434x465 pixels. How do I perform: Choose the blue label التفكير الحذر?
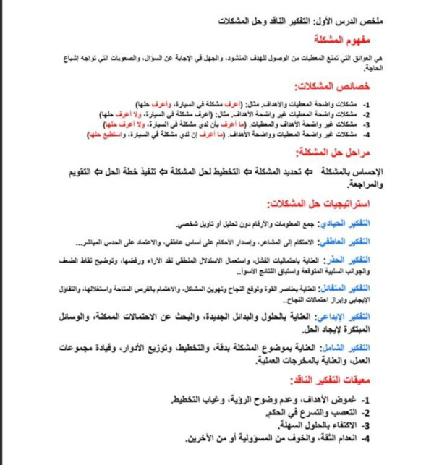[381, 257]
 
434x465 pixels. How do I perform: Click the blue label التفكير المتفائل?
[377, 288]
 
